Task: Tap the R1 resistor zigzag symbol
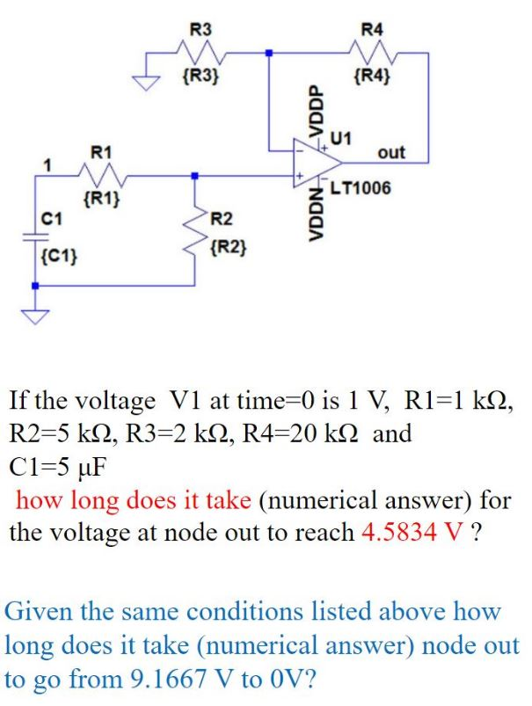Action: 105,176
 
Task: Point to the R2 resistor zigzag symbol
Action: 194,230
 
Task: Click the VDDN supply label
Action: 310,218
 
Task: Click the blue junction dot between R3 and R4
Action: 268,54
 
